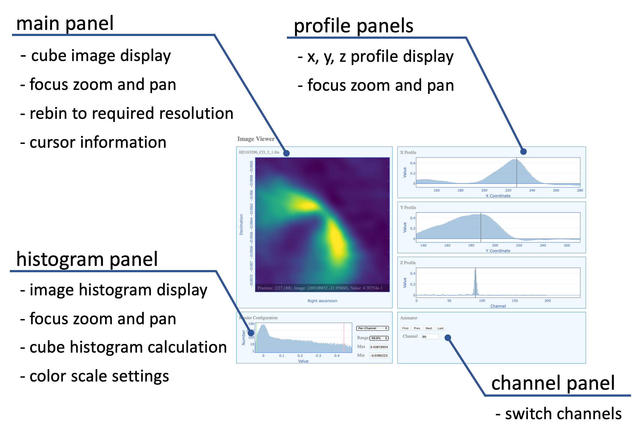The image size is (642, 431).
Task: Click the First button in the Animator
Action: [405, 328]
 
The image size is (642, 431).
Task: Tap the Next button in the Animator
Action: [428, 328]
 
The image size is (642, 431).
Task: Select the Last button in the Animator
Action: [440, 328]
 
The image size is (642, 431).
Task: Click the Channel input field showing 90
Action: [430, 337]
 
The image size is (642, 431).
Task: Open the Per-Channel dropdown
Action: [372, 328]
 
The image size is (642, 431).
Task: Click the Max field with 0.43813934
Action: [379, 347]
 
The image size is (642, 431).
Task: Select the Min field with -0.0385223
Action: [379, 355]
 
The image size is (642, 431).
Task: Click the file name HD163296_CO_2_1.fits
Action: [259, 152]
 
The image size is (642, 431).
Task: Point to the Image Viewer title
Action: [256, 139]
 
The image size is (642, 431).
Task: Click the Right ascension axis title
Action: [322, 301]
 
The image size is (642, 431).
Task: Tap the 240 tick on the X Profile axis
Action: [532, 190]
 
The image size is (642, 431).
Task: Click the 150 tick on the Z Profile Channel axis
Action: [514, 301]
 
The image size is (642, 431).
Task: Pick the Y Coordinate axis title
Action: [498, 251]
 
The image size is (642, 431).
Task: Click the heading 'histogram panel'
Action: [87, 259]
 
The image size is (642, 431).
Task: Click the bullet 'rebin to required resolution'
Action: [127, 113]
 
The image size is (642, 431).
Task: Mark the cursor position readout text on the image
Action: [320, 288]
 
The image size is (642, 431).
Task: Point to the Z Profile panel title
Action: [408, 263]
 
